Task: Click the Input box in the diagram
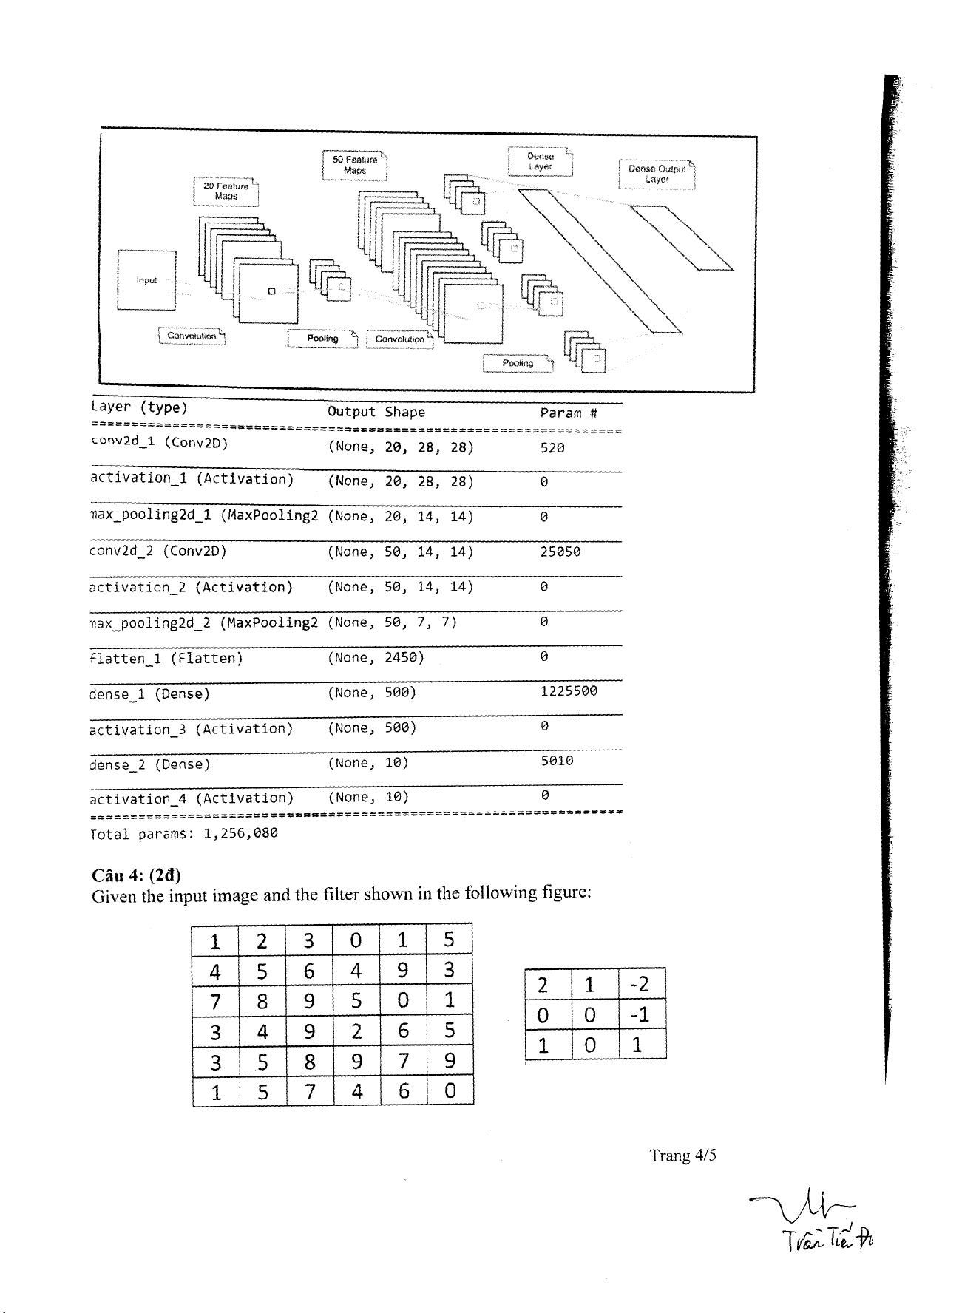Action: pyautogui.click(x=146, y=280)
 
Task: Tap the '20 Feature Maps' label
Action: pyautogui.click(x=226, y=191)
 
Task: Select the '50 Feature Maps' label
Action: pyautogui.click(x=355, y=165)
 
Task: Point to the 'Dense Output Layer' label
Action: pyautogui.click(x=657, y=174)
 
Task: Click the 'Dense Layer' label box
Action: pyautogui.click(x=541, y=161)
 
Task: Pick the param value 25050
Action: pyautogui.click(x=560, y=552)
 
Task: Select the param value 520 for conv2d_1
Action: pyautogui.click(x=552, y=447)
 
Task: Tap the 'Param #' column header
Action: pyautogui.click(x=569, y=413)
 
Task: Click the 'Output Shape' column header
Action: pyautogui.click(x=376, y=412)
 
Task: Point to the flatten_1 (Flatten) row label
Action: pyautogui.click(x=166, y=658)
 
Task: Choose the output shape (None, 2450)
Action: pyautogui.click(x=376, y=657)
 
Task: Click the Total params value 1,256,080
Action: pyautogui.click(x=240, y=833)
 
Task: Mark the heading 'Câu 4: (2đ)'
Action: pyautogui.click(x=136, y=875)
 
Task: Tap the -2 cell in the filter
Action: pyautogui.click(x=641, y=984)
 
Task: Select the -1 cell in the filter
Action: pyautogui.click(x=641, y=1014)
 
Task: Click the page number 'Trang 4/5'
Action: pyautogui.click(x=682, y=1156)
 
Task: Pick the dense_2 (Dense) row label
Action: pyautogui.click(x=150, y=764)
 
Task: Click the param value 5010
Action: pyautogui.click(x=557, y=761)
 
